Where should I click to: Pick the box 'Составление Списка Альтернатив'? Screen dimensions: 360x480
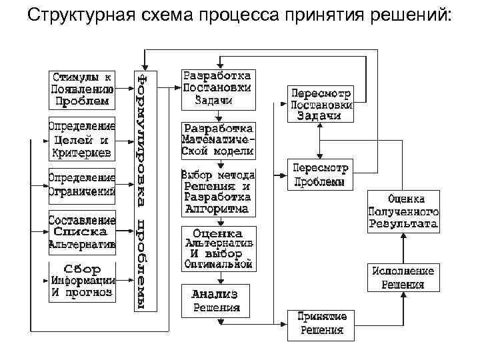coord(81,231)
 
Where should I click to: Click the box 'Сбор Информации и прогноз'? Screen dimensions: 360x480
coord(81,281)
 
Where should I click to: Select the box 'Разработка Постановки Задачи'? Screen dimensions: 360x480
coord(217,88)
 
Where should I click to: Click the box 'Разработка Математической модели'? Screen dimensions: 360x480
coord(217,139)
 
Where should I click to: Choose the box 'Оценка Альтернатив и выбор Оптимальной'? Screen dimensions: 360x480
coord(217,249)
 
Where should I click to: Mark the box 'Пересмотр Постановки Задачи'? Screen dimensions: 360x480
coord(320,103)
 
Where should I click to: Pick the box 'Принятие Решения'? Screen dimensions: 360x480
coord(320,325)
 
